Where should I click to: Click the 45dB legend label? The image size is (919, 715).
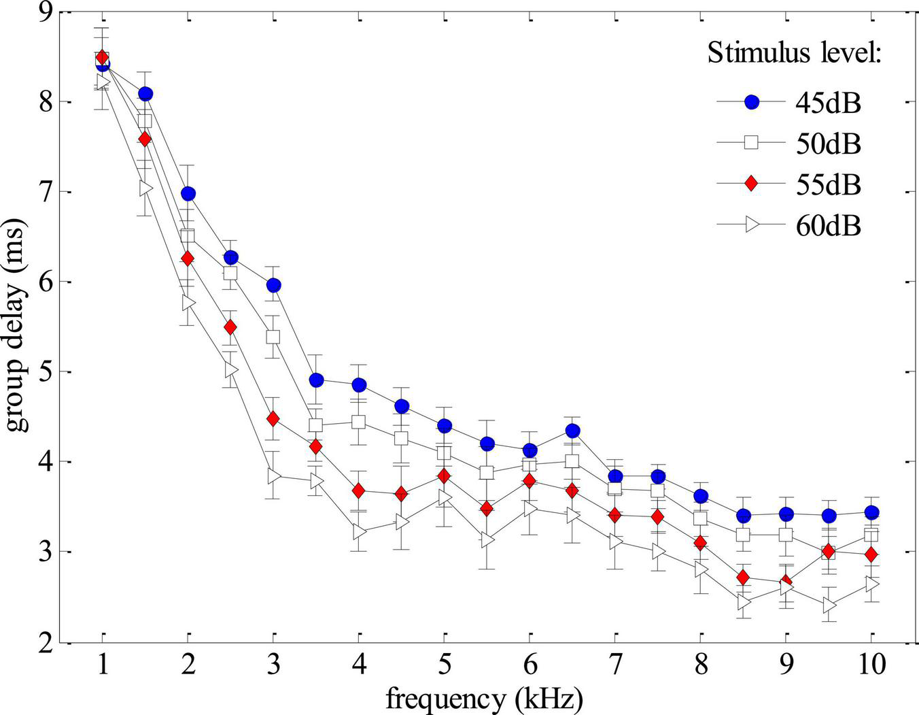click(x=828, y=103)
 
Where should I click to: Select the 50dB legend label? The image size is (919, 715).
click(x=828, y=144)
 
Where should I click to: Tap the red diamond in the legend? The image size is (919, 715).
click(x=751, y=184)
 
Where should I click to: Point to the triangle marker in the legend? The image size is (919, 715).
click(x=752, y=225)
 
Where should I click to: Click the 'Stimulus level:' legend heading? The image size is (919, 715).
click(x=794, y=53)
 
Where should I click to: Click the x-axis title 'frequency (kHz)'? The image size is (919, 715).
click(x=485, y=698)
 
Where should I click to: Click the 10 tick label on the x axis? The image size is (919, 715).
click(x=871, y=664)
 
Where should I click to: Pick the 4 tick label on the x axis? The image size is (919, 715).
click(x=358, y=664)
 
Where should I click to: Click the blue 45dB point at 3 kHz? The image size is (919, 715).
click(x=273, y=285)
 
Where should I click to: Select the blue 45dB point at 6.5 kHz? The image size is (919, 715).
click(x=572, y=431)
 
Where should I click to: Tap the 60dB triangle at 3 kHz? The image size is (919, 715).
click(x=274, y=476)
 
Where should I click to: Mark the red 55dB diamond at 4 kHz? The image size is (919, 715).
click(x=359, y=490)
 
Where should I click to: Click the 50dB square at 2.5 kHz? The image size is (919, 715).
click(x=230, y=273)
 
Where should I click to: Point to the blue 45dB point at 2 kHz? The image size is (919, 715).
click(x=188, y=194)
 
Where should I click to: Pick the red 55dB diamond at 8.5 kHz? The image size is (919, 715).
click(x=743, y=578)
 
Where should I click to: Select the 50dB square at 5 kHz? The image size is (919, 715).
click(x=444, y=453)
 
